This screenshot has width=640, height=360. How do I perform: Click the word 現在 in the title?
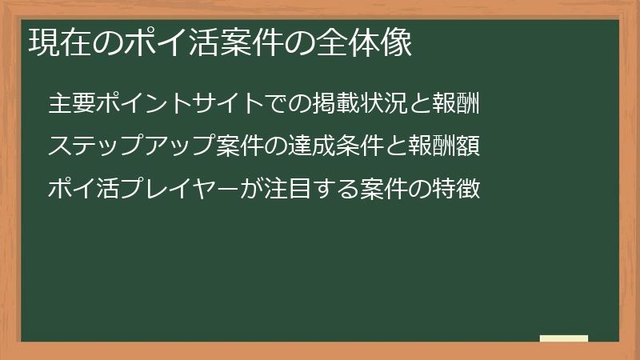point(54,43)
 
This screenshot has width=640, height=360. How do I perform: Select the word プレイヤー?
point(166,190)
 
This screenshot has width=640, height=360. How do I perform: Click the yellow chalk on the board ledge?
point(563,338)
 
